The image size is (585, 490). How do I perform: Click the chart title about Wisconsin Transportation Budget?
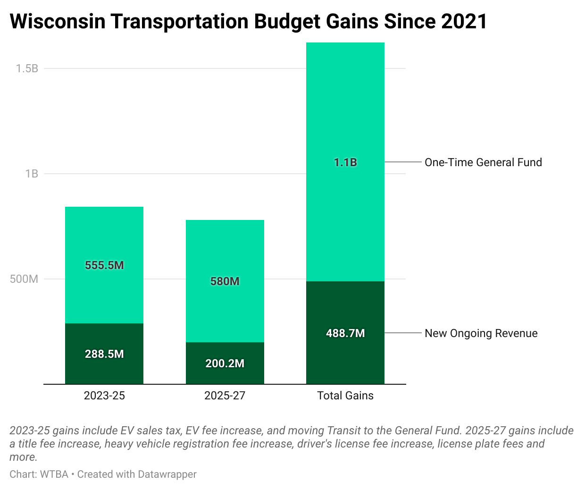point(248,22)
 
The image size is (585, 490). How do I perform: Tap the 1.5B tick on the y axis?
point(27,68)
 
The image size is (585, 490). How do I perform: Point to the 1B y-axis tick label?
point(32,174)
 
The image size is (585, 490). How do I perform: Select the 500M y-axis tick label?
point(24,279)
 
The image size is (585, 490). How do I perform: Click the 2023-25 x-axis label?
point(104,396)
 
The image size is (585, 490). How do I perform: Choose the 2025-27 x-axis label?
point(225,396)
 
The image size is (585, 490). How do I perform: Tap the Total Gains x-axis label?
point(345,396)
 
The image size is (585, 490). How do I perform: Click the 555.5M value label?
point(104,265)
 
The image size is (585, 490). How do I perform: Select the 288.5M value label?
point(104,354)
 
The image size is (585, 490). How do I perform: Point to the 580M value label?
point(225,281)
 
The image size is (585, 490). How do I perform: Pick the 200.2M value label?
point(225,363)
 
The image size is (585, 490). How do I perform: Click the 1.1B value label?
point(345,162)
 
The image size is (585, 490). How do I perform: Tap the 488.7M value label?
point(345,333)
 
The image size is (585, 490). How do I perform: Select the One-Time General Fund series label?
point(483,162)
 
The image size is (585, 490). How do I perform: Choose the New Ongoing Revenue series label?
point(481,333)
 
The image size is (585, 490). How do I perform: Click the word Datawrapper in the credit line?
point(167,474)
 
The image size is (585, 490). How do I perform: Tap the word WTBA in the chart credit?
point(54,474)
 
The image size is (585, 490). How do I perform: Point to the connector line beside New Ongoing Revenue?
point(403,333)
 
